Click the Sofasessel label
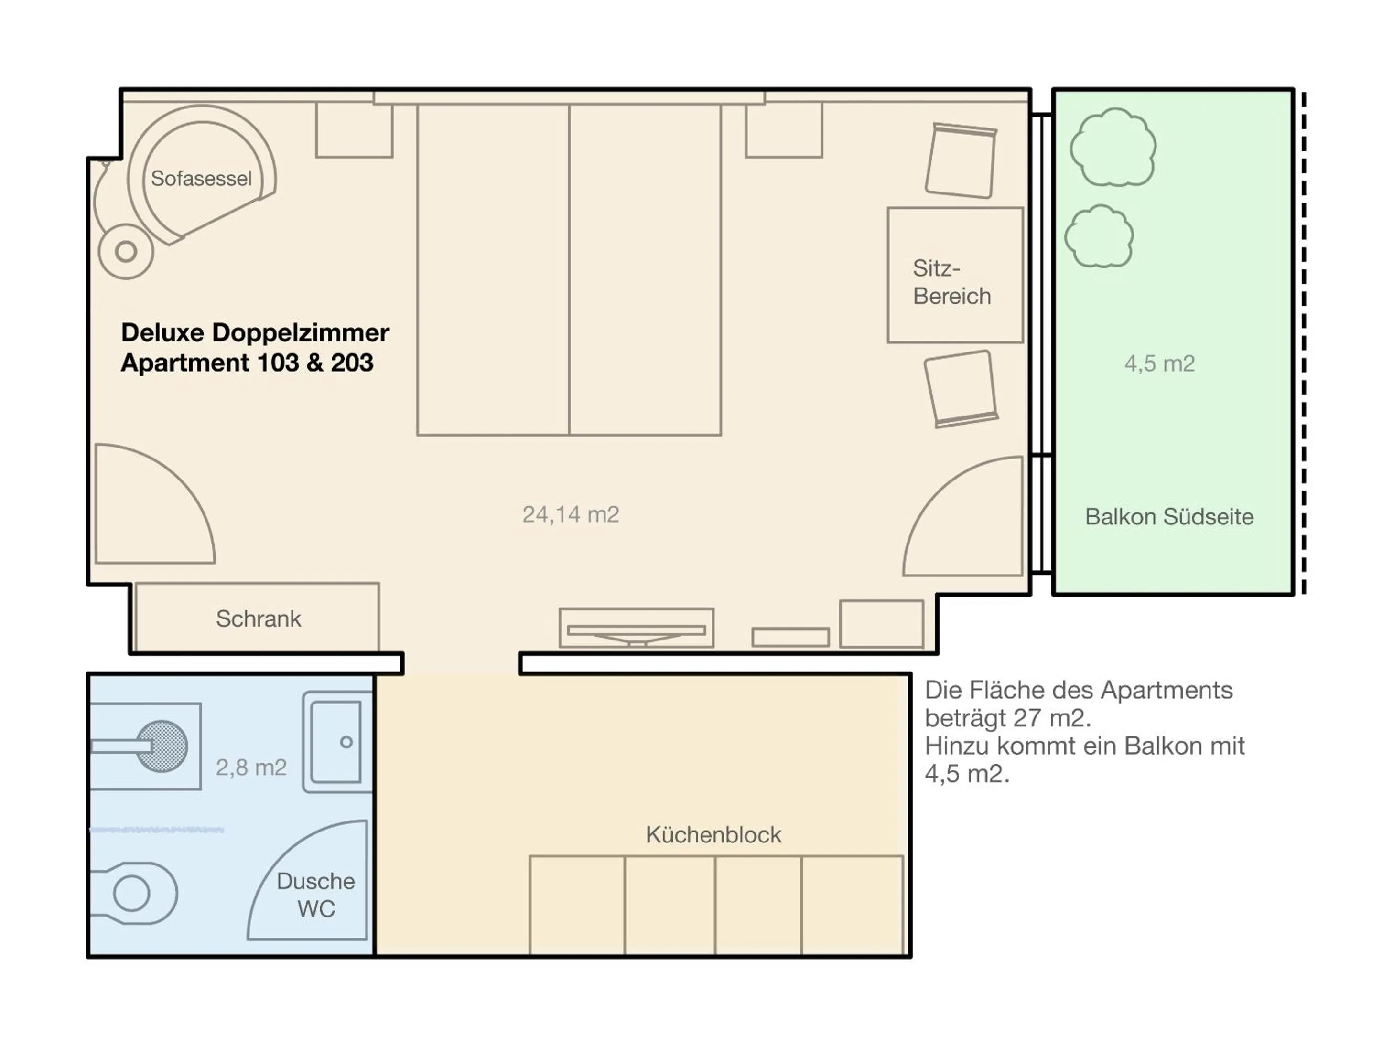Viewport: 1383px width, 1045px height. (201, 179)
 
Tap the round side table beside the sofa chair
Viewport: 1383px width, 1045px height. (126, 252)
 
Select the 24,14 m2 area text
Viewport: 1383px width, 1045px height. (570, 514)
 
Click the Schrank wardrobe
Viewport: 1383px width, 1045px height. (257, 618)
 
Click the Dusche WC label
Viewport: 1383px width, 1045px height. (316, 895)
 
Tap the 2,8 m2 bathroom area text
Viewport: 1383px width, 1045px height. (251, 767)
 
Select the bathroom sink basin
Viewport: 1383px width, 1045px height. (336, 742)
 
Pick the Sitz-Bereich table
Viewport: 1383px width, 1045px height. (955, 275)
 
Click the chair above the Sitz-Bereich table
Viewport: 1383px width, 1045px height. (961, 160)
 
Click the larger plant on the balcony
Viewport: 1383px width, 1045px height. (1113, 148)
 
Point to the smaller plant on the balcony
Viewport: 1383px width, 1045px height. (1099, 237)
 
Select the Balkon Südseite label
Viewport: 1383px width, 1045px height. (1168, 517)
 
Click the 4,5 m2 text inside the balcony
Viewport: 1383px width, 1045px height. (1159, 363)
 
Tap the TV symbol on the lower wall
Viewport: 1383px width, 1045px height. (636, 628)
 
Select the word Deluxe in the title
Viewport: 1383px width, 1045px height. (162, 332)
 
